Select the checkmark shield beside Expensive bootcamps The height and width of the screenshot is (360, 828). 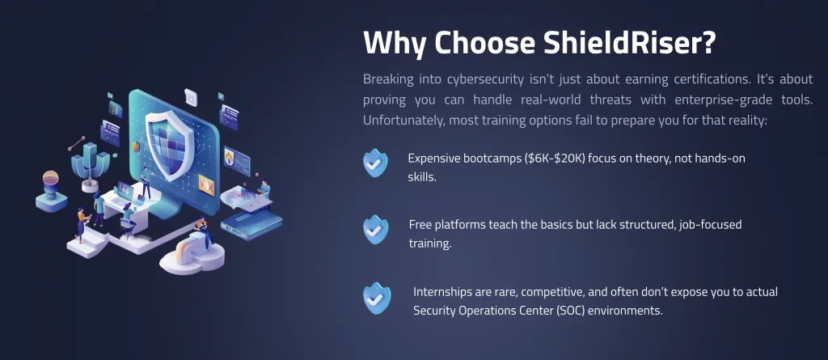click(375, 163)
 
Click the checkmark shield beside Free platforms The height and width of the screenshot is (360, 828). click(375, 229)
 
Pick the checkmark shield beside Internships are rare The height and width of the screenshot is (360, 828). click(377, 298)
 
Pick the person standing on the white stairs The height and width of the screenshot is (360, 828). click(82, 222)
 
